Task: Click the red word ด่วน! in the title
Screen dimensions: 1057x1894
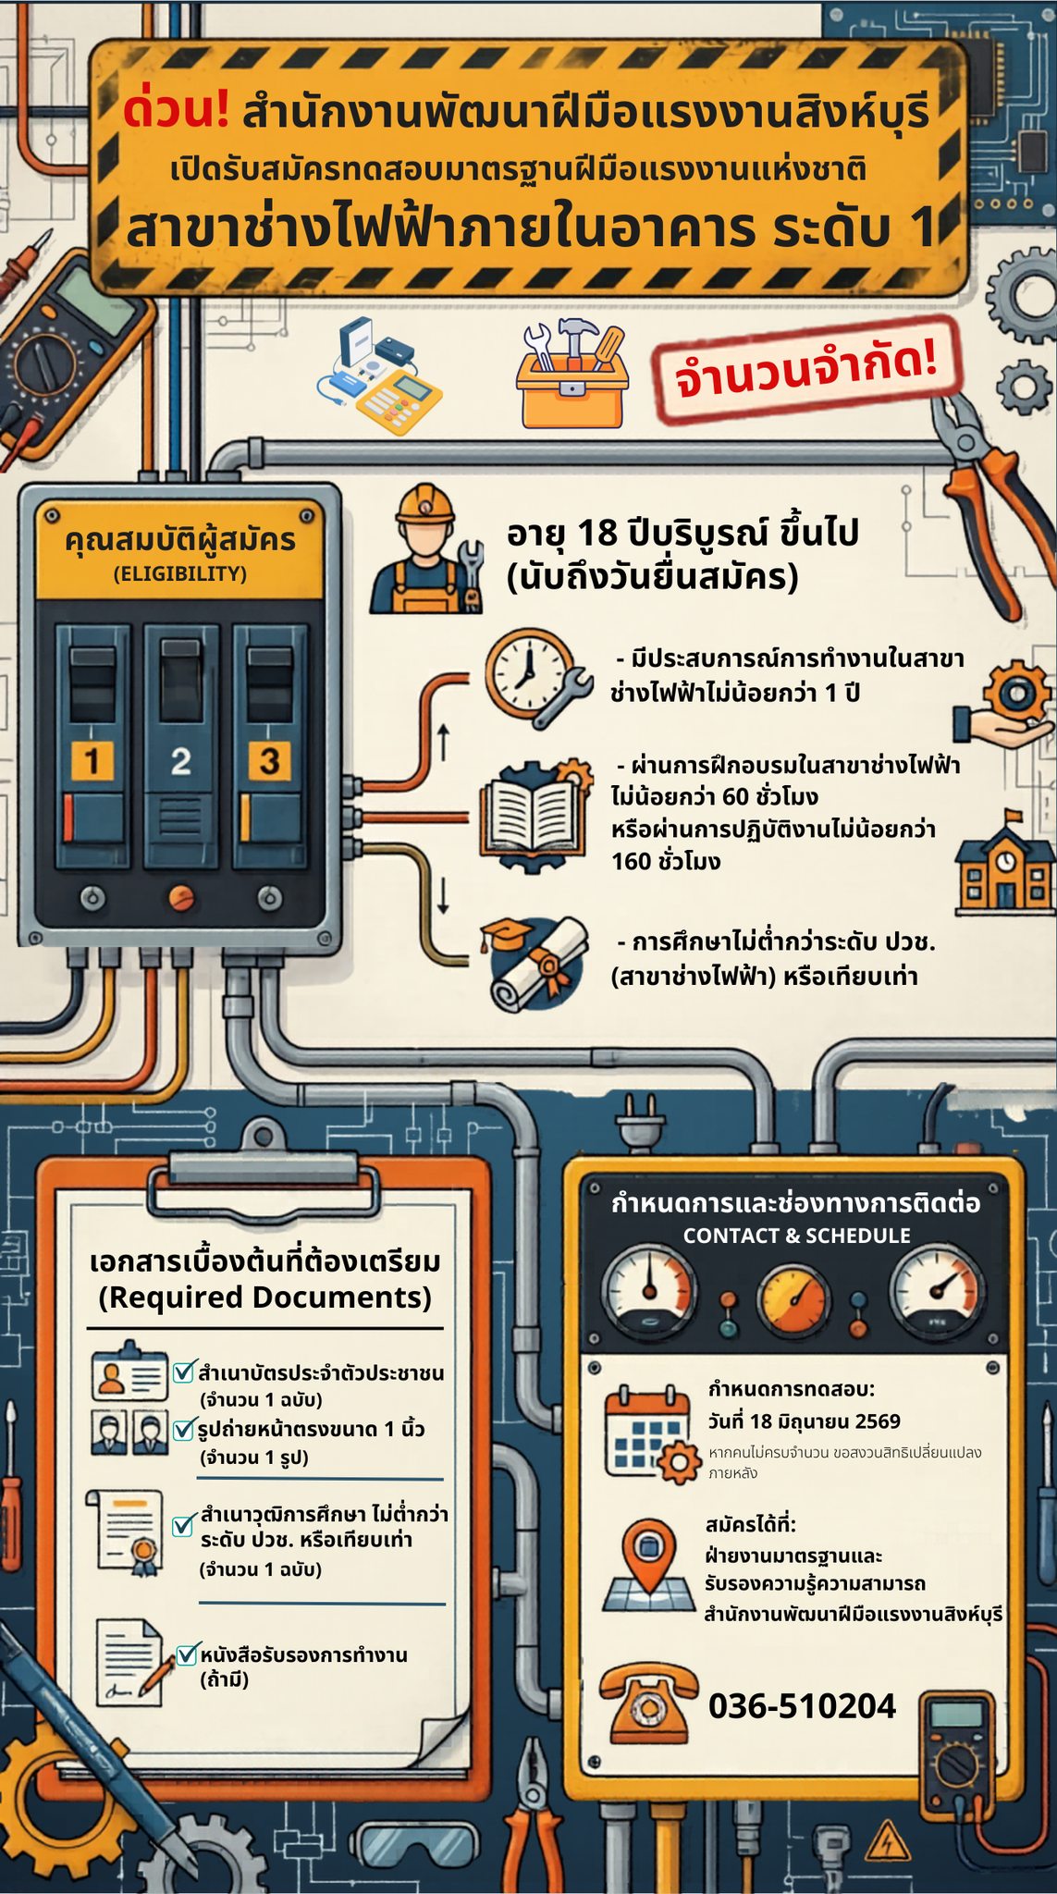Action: click(176, 108)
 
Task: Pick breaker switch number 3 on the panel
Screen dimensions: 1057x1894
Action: click(269, 747)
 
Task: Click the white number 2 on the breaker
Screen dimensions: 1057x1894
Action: click(181, 762)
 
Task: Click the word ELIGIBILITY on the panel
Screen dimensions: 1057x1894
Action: click(180, 574)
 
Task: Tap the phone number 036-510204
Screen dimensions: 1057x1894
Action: click(802, 1705)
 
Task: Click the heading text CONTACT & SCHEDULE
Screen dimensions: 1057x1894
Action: click(796, 1236)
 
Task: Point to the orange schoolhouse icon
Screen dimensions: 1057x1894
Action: click(1003, 859)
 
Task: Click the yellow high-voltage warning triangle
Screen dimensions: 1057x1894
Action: click(888, 1839)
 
